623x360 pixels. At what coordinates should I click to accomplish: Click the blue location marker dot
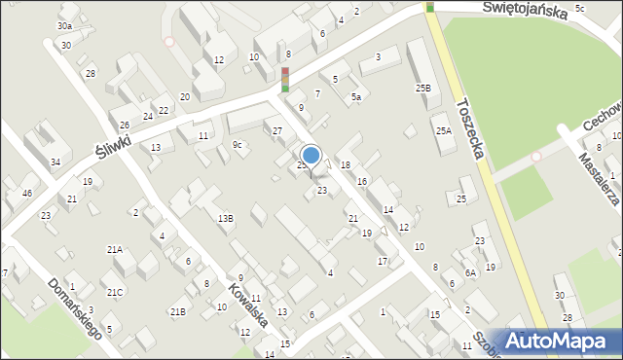[311, 154]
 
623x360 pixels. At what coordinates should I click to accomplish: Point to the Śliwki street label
[113, 147]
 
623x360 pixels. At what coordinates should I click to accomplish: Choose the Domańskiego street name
[74, 307]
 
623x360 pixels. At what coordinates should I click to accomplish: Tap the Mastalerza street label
[598, 181]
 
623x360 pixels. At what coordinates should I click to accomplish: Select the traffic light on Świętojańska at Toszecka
[429, 7]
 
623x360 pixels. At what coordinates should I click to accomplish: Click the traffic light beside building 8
[285, 79]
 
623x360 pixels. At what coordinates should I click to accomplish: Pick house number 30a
[64, 25]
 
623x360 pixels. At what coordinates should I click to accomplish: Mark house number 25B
[422, 89]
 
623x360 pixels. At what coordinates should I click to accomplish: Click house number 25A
[444, 130]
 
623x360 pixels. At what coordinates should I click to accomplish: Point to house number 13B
[225, 218]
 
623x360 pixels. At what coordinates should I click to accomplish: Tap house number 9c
[237, 145]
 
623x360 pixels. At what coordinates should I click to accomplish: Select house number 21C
[115, 292]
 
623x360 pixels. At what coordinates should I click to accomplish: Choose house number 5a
[356, 97]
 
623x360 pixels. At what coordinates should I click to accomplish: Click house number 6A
[470, 273]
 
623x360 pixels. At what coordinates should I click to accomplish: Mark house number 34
[55, 162]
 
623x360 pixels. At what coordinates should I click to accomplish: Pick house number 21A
[115, 250]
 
